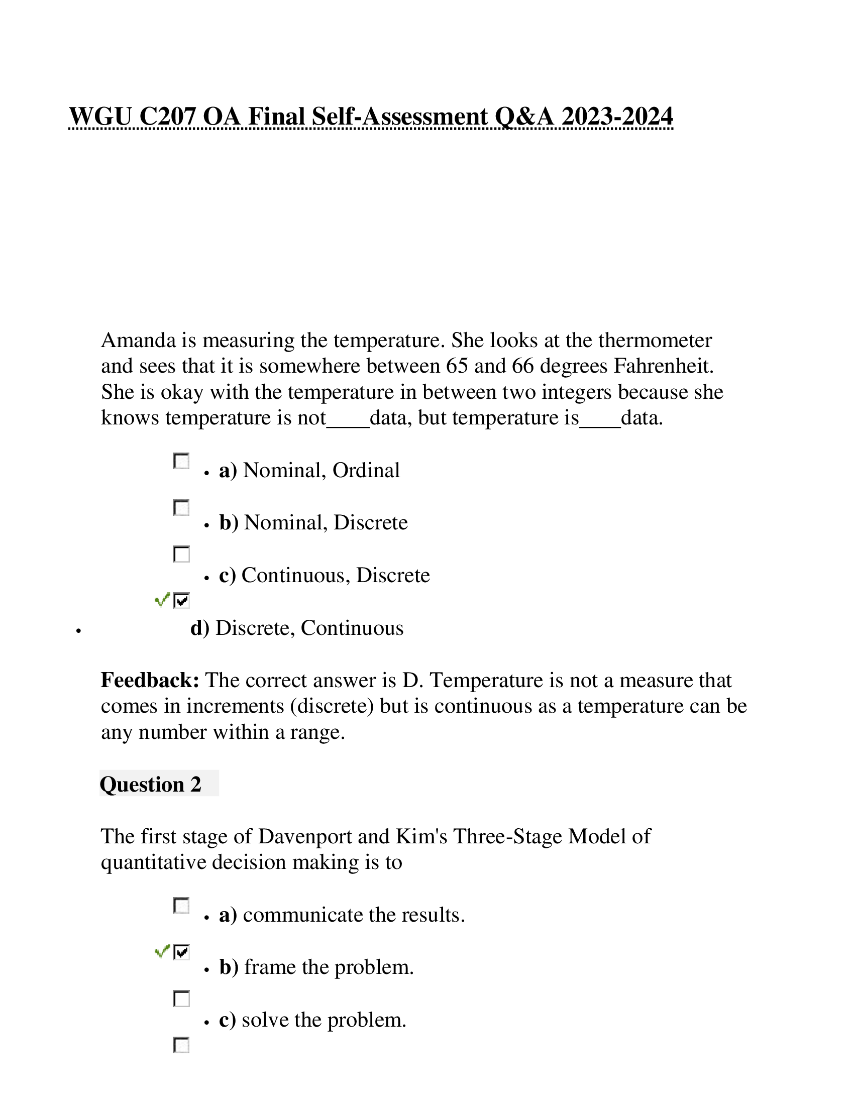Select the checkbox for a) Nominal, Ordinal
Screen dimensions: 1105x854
[181, 462]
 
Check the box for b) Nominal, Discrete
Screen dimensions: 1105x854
[181, 508]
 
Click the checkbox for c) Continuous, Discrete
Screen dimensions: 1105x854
[181, 554]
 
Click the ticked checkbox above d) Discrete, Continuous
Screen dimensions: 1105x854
[181, 601]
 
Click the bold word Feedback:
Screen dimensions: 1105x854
[150, 681]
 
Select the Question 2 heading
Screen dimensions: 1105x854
[150, 784]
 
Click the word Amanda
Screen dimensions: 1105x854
[138, 341]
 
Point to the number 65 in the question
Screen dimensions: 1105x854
[456, 366]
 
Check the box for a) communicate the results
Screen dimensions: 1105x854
[181, 906]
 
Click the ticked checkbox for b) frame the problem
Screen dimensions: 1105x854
[181, 952]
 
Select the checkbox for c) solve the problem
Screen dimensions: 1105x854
[181, 999]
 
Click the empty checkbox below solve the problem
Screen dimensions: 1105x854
[181, 1045]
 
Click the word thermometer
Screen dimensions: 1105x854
[655, 341]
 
